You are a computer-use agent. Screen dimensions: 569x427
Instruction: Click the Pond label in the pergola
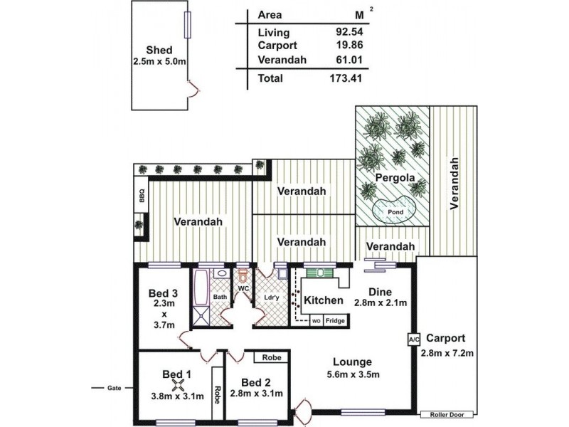click(395, 211)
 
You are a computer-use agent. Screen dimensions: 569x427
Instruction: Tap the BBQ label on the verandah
click(142, 195)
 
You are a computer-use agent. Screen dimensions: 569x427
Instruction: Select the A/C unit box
click(414, 340)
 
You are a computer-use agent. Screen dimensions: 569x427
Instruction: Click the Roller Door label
click(447, 415)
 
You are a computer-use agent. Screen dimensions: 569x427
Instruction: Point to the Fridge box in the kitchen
click(335, 321)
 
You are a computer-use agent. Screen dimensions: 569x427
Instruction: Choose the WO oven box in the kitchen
click(316, 321)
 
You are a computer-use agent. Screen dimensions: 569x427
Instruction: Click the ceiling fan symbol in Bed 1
click(177, 385)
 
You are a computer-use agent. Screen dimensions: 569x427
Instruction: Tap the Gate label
click(114, 388)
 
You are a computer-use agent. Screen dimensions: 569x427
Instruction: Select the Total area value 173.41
click(346, 78)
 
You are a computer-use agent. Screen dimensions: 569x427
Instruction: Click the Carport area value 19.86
click(349, 45)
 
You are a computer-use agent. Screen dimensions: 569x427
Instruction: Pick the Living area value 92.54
click(349, 31)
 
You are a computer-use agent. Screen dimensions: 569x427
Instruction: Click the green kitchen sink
click(321, 273)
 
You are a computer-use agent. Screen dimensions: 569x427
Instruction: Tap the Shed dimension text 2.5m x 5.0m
click(159, 62)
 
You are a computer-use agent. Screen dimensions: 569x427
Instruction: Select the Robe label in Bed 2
click(272, 358)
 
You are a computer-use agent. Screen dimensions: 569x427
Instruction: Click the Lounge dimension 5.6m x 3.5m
click(353, 374)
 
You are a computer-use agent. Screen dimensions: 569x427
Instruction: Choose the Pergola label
click(395, 178)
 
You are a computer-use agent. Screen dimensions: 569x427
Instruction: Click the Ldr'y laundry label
click(272, 297)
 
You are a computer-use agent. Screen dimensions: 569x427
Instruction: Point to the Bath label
click(220, 297)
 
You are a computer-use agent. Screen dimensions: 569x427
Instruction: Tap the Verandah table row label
click(282, 60)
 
